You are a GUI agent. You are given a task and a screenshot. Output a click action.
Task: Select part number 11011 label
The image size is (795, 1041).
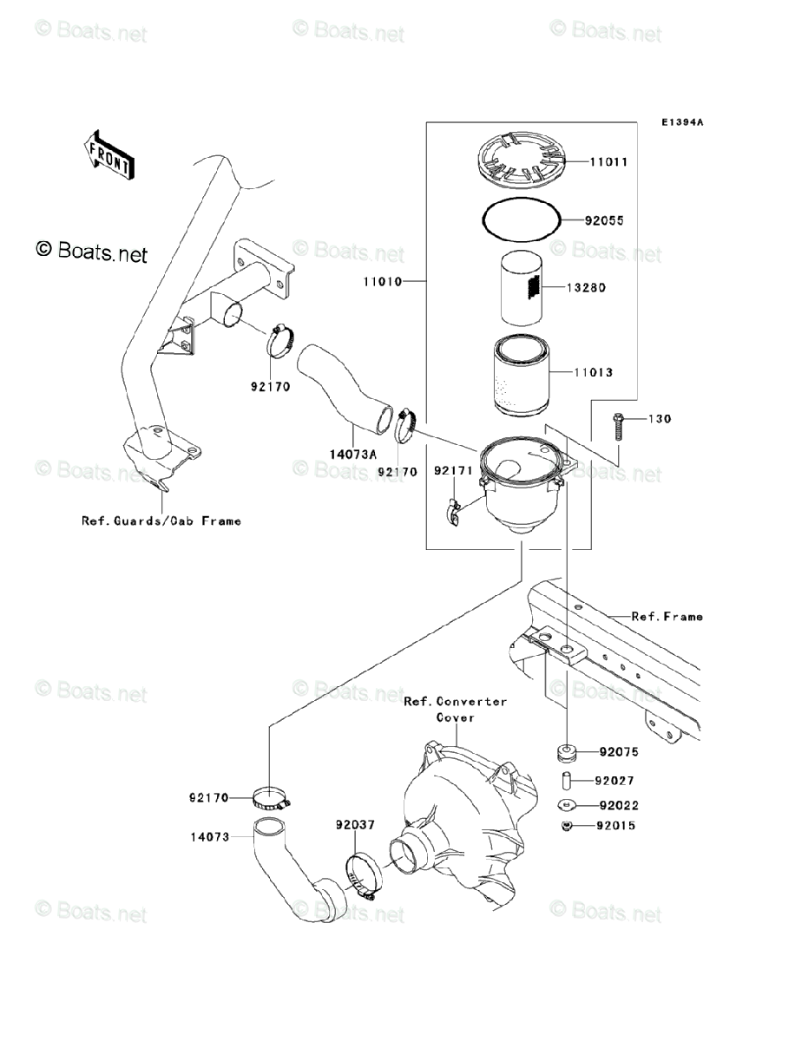608,162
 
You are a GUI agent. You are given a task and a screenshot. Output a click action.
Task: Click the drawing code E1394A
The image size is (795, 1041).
681,122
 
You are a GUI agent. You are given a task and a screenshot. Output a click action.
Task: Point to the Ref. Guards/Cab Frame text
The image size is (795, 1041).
161,521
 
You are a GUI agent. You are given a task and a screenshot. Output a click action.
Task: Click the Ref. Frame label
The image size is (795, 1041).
667,617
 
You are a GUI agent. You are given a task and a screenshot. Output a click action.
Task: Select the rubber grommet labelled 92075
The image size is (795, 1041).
567,751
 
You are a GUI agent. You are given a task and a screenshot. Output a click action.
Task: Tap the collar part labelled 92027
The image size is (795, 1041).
566,781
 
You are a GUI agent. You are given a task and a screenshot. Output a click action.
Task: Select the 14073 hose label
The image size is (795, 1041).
211,837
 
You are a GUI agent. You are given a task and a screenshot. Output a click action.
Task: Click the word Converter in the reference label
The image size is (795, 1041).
472,702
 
